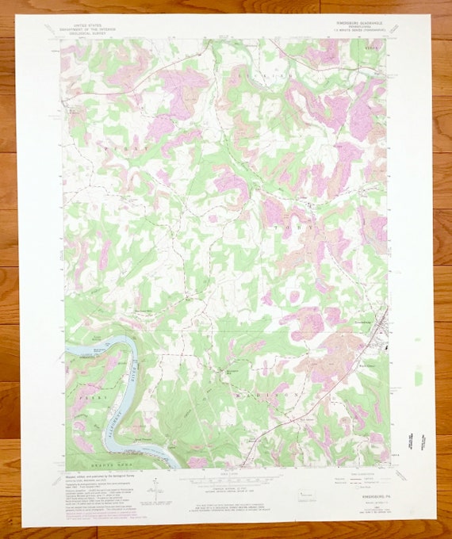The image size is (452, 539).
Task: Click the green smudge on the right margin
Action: [419, 378]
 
